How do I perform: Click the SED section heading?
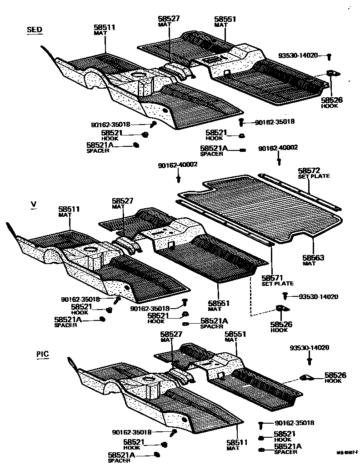click(35, 30)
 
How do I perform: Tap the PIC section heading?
click(43, 354)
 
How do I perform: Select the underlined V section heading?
click(33, 205)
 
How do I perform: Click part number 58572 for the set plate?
click(309, 170)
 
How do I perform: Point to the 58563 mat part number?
click(313, 257)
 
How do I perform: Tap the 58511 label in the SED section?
click(105, 28)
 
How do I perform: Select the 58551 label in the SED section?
click(225, 19)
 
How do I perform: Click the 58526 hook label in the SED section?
click(332, 100)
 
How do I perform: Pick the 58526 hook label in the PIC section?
click(335, 375)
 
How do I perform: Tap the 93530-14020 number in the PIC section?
click(310, 348)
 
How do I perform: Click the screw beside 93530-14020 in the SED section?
click(330, 56)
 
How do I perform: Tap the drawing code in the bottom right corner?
click(347, 452)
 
